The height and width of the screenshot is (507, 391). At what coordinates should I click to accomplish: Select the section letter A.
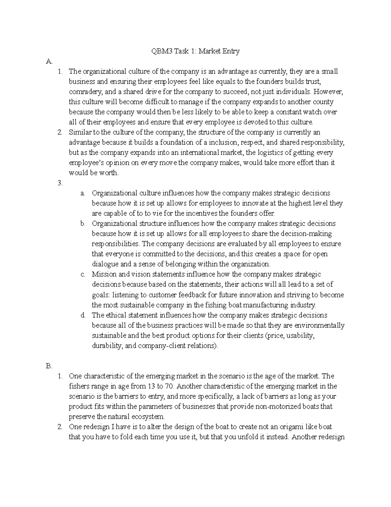(49, 61)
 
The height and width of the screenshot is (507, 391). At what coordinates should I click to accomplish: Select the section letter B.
(49, 366)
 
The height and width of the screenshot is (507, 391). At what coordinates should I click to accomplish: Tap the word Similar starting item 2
(80, 132)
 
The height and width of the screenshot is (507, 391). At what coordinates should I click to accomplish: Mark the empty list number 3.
(60, 183)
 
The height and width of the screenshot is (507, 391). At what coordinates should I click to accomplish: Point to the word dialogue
(104, 264)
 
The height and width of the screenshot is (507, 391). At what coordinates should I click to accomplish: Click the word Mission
(103, 274)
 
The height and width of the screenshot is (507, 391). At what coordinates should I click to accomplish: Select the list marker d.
(83, 315)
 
